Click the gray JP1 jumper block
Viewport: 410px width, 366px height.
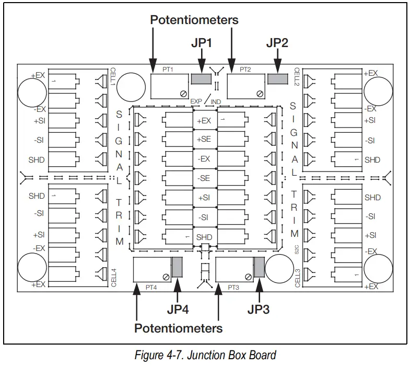tap(201, 79)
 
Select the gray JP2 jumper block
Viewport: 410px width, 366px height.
tap(277, 79)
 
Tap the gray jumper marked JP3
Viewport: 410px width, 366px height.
tap(260, 267)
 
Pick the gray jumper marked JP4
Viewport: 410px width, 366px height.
tap(177, 267)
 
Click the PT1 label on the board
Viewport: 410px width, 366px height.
tap(168, 70)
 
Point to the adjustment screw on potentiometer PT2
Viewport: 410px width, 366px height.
tap(260, 94)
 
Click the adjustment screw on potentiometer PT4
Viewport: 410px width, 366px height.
tap(166, 277)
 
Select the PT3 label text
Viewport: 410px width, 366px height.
tap(233, 288)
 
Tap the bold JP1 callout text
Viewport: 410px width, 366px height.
tap(201, 43)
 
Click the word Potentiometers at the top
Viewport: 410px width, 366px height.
tap(194, 20)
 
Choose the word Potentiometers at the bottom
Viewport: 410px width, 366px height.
tap(178, 328)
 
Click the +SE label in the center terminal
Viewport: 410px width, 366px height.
tap(204, 139)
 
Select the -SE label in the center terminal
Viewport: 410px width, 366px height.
tap(204, 178)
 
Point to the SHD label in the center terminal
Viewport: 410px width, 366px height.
tap(204, 237)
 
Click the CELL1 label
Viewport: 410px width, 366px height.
tap(113, 76)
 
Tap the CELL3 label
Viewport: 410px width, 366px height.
tap(298, 278)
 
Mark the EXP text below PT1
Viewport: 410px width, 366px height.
tap(196, 101)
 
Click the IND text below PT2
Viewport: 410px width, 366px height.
tap(216, 102)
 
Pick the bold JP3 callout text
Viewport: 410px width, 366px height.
tap(259, 310)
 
